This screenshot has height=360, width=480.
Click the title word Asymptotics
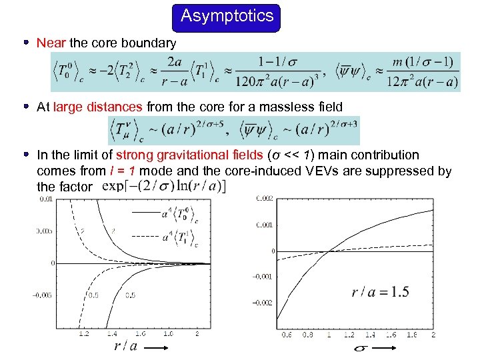click(227, 16)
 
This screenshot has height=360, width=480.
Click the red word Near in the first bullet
click(51, 43)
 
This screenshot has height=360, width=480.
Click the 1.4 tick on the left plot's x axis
click(112, 333)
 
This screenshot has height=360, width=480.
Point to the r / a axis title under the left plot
click(126, 346)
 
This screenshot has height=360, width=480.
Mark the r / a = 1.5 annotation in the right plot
click(380, 291)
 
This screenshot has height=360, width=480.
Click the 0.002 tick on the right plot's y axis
click(265, 198)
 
